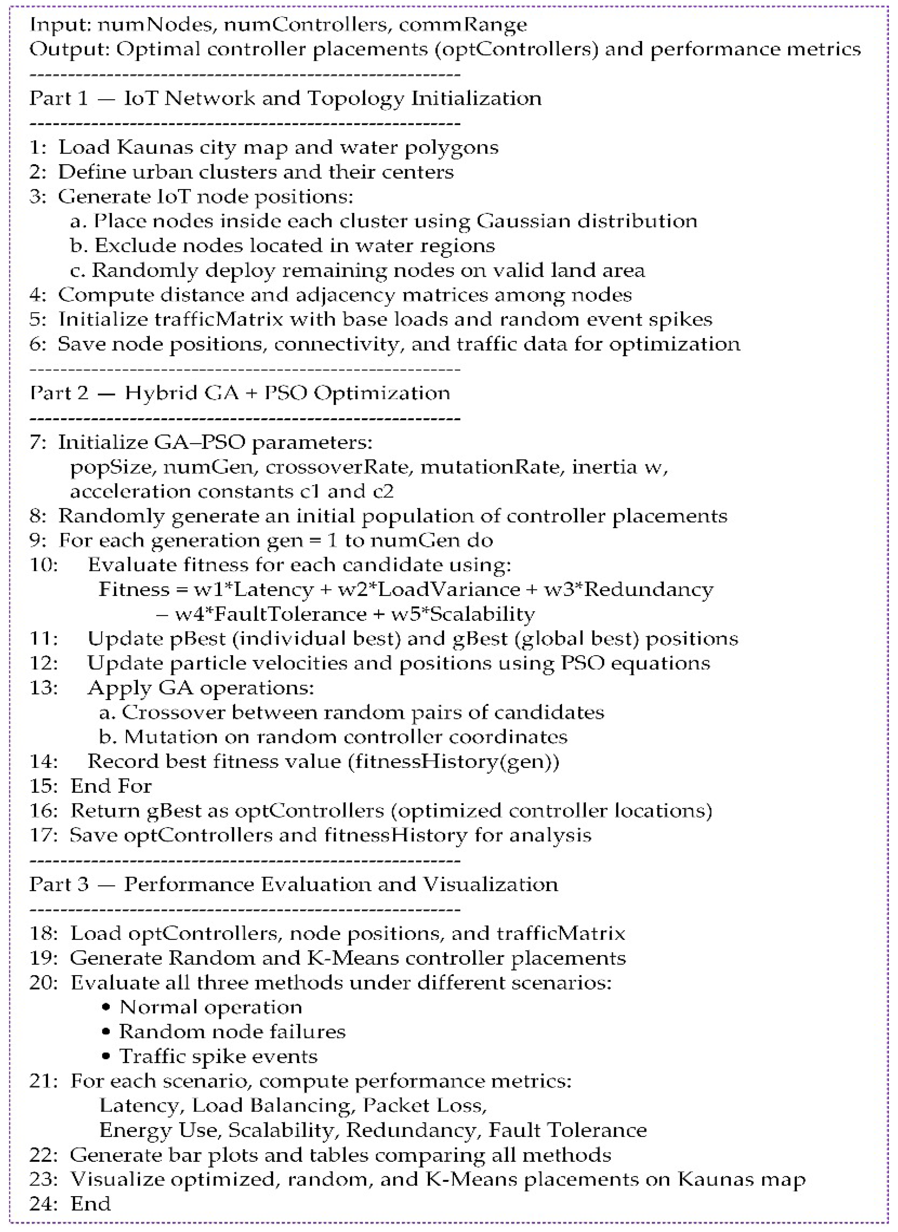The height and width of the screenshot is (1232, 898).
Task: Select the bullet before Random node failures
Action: (107, 1031)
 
